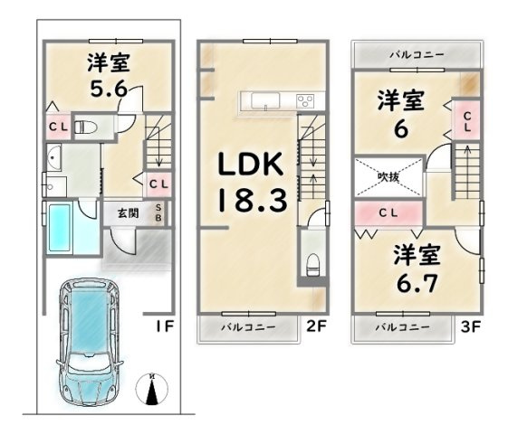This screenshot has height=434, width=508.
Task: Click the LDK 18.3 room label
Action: [253, 182]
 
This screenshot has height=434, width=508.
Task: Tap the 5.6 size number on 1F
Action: [109, 89]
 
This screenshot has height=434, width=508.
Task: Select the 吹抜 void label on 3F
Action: [388, 176]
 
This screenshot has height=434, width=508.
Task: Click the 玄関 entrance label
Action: [129, 213]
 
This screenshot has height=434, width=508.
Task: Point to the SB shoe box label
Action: [158, 212]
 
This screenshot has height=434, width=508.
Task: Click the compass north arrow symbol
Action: [151, 389]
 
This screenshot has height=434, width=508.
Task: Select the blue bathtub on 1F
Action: [60, 227]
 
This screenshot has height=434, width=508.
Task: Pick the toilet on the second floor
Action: [312, 265]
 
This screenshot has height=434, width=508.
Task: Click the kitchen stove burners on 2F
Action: [305, 100]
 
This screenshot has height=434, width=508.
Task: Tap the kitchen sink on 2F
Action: [265, 100]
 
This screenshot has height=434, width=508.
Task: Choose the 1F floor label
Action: [165, 326]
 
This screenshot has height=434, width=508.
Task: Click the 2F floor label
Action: [316, 326]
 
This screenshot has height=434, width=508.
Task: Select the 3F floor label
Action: [470, 326]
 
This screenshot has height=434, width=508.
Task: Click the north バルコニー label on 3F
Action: [417, 54]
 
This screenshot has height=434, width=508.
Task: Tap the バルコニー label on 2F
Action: [248, 327]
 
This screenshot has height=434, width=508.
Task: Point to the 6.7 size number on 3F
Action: [417, 283]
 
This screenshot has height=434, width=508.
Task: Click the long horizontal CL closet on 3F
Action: [388, 213]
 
